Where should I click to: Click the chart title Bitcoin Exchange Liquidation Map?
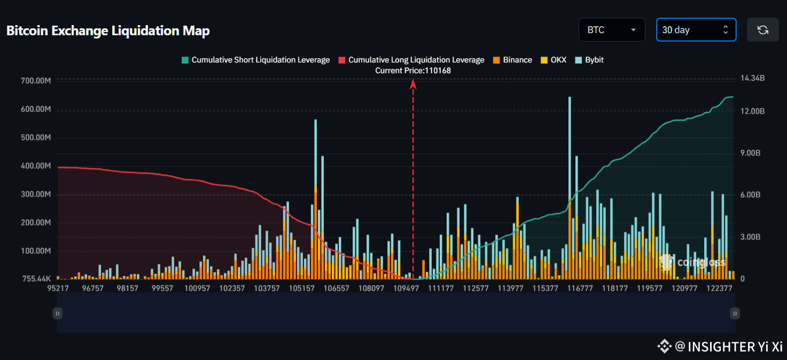coord(108,30)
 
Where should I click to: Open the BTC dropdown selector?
coord(612,30)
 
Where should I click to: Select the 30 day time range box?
coord(696,30)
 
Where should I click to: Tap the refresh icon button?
coord(762,30)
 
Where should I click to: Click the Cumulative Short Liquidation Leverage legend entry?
coord(256,60)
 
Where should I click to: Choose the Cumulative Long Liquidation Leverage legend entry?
coord(411,60)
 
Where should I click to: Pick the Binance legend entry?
coord(512,60)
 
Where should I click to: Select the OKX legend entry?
coord(554,60)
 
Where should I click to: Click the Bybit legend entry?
coord(589,60)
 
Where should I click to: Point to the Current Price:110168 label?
coord(413,71)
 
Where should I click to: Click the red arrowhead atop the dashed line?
coord(413,83)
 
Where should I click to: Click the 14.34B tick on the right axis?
coord(752,79)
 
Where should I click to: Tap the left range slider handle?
coord(58,314)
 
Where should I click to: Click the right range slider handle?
coord(735,314)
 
